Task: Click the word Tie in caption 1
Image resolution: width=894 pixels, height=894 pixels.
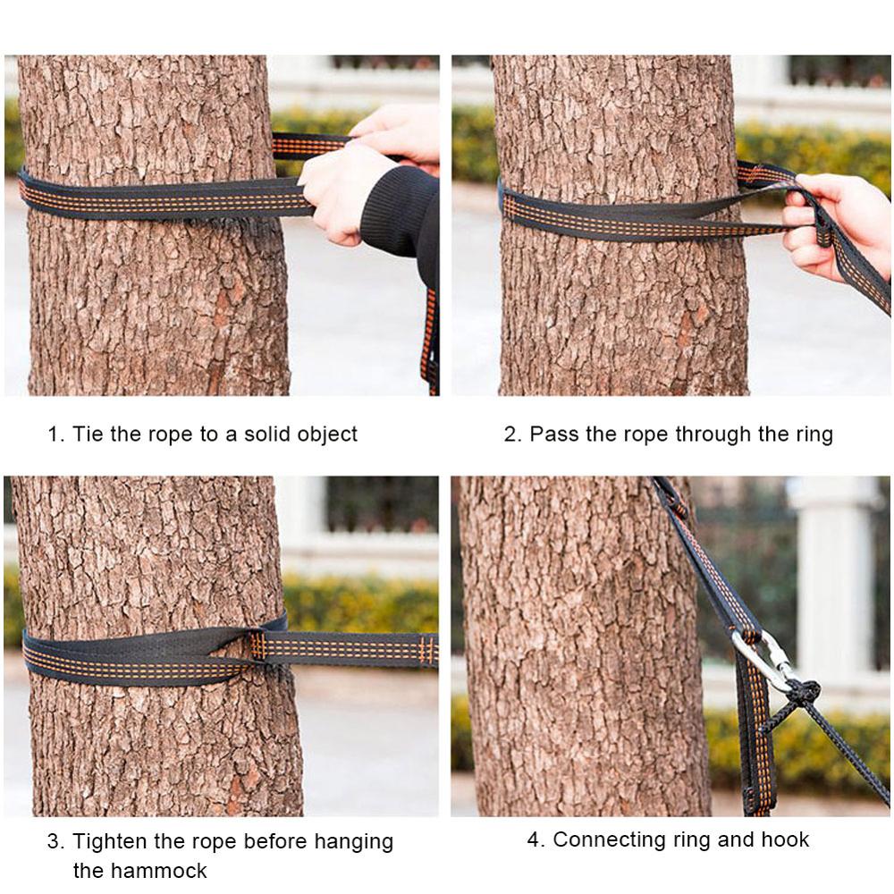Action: (x=89, y=434)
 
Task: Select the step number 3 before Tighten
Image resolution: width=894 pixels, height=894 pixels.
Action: (x=54, y=841)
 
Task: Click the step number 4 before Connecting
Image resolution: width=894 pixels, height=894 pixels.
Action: (x=534, y=840)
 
